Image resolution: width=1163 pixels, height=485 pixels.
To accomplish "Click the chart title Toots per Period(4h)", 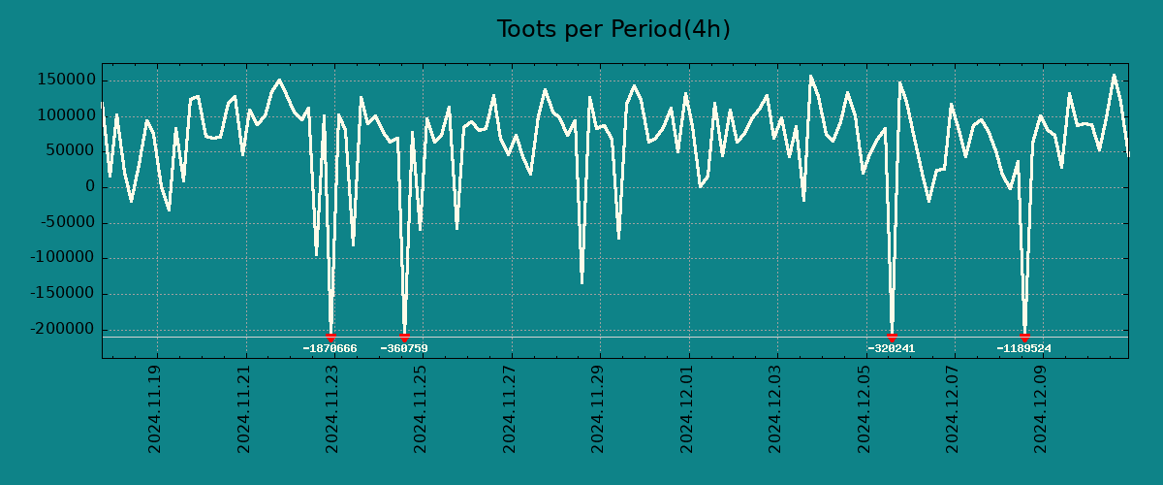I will click(x=613, y=30).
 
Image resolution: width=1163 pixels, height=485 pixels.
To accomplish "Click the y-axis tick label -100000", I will click(x=61, y=258).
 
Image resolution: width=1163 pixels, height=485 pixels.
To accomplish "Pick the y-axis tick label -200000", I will click(x=61, y=330).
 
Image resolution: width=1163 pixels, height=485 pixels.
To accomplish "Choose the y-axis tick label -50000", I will click(x=65, y=223).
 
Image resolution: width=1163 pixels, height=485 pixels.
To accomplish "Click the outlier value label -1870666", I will click(x=330, y=349).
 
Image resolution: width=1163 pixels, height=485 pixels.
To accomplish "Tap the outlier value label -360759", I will click(x=404, y=349).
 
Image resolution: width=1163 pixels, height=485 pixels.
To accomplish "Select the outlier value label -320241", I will click(x=892, y=349).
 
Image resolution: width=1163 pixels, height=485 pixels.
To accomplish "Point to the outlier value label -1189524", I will click(x=1023, y=349).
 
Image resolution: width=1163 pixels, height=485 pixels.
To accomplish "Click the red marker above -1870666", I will click(x=330, y=337).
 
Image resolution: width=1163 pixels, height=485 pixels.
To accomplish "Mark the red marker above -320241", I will click(x=892, y=337).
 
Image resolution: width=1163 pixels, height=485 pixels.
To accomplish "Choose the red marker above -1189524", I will click(x=1024, y=337).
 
